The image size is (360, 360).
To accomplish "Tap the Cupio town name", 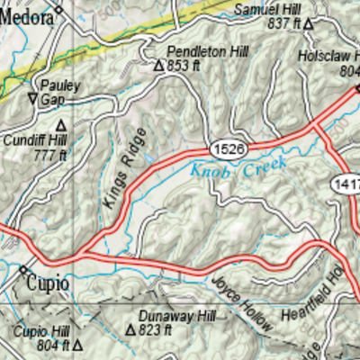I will (48, 283).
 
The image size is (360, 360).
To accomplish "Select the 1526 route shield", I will (227, 145).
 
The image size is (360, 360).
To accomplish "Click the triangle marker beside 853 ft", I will (158, 66).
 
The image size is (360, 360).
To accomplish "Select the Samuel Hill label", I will (266, 9).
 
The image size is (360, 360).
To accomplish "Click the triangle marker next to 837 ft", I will (307, 23).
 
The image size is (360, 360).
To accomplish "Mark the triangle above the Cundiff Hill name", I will (61, 125).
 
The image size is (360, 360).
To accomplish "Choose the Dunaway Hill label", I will (177, 317).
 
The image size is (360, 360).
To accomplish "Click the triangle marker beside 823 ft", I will (130, 330).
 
